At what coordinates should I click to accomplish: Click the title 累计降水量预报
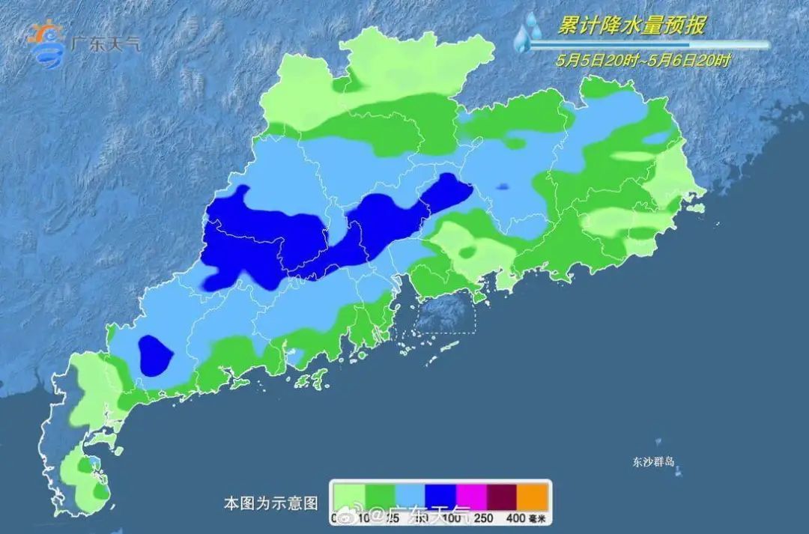(631, 25)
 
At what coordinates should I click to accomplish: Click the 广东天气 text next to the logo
(105, 43)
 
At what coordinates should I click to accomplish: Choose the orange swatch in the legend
(533, 495)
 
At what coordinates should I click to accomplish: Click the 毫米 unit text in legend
(539, 517)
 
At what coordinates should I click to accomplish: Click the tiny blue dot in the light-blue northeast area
(502, 186)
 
